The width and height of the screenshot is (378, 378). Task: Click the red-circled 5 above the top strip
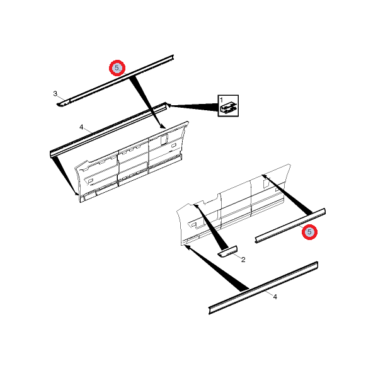coord(117,68)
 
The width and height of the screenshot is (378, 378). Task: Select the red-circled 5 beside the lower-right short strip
coord(309,232)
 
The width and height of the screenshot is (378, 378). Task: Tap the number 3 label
coord(55,93)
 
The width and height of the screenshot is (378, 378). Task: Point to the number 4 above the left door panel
coord(81,127)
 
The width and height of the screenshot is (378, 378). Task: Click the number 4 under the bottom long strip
coord(275,297)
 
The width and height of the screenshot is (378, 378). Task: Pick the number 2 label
coord(243,260)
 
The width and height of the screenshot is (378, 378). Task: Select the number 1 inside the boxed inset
coord(221,100)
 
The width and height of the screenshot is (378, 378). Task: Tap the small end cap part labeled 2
coord(227,251)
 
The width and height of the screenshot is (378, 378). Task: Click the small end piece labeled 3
coord(63,103)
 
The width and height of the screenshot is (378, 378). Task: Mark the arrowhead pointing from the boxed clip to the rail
coord(169,105)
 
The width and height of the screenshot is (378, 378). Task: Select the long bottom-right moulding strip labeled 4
coord(263,288)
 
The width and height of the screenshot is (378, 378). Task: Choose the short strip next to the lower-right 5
coord(290,226)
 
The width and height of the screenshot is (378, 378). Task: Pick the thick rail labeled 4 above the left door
coord(108,130)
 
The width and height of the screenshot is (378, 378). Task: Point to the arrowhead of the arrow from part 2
coord(196,206)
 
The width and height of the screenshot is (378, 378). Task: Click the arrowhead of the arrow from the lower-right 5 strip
coord(264,176)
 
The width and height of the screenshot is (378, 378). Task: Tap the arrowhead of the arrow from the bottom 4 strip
coord(187,247)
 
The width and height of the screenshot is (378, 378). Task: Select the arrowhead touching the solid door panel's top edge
coord(163,126)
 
